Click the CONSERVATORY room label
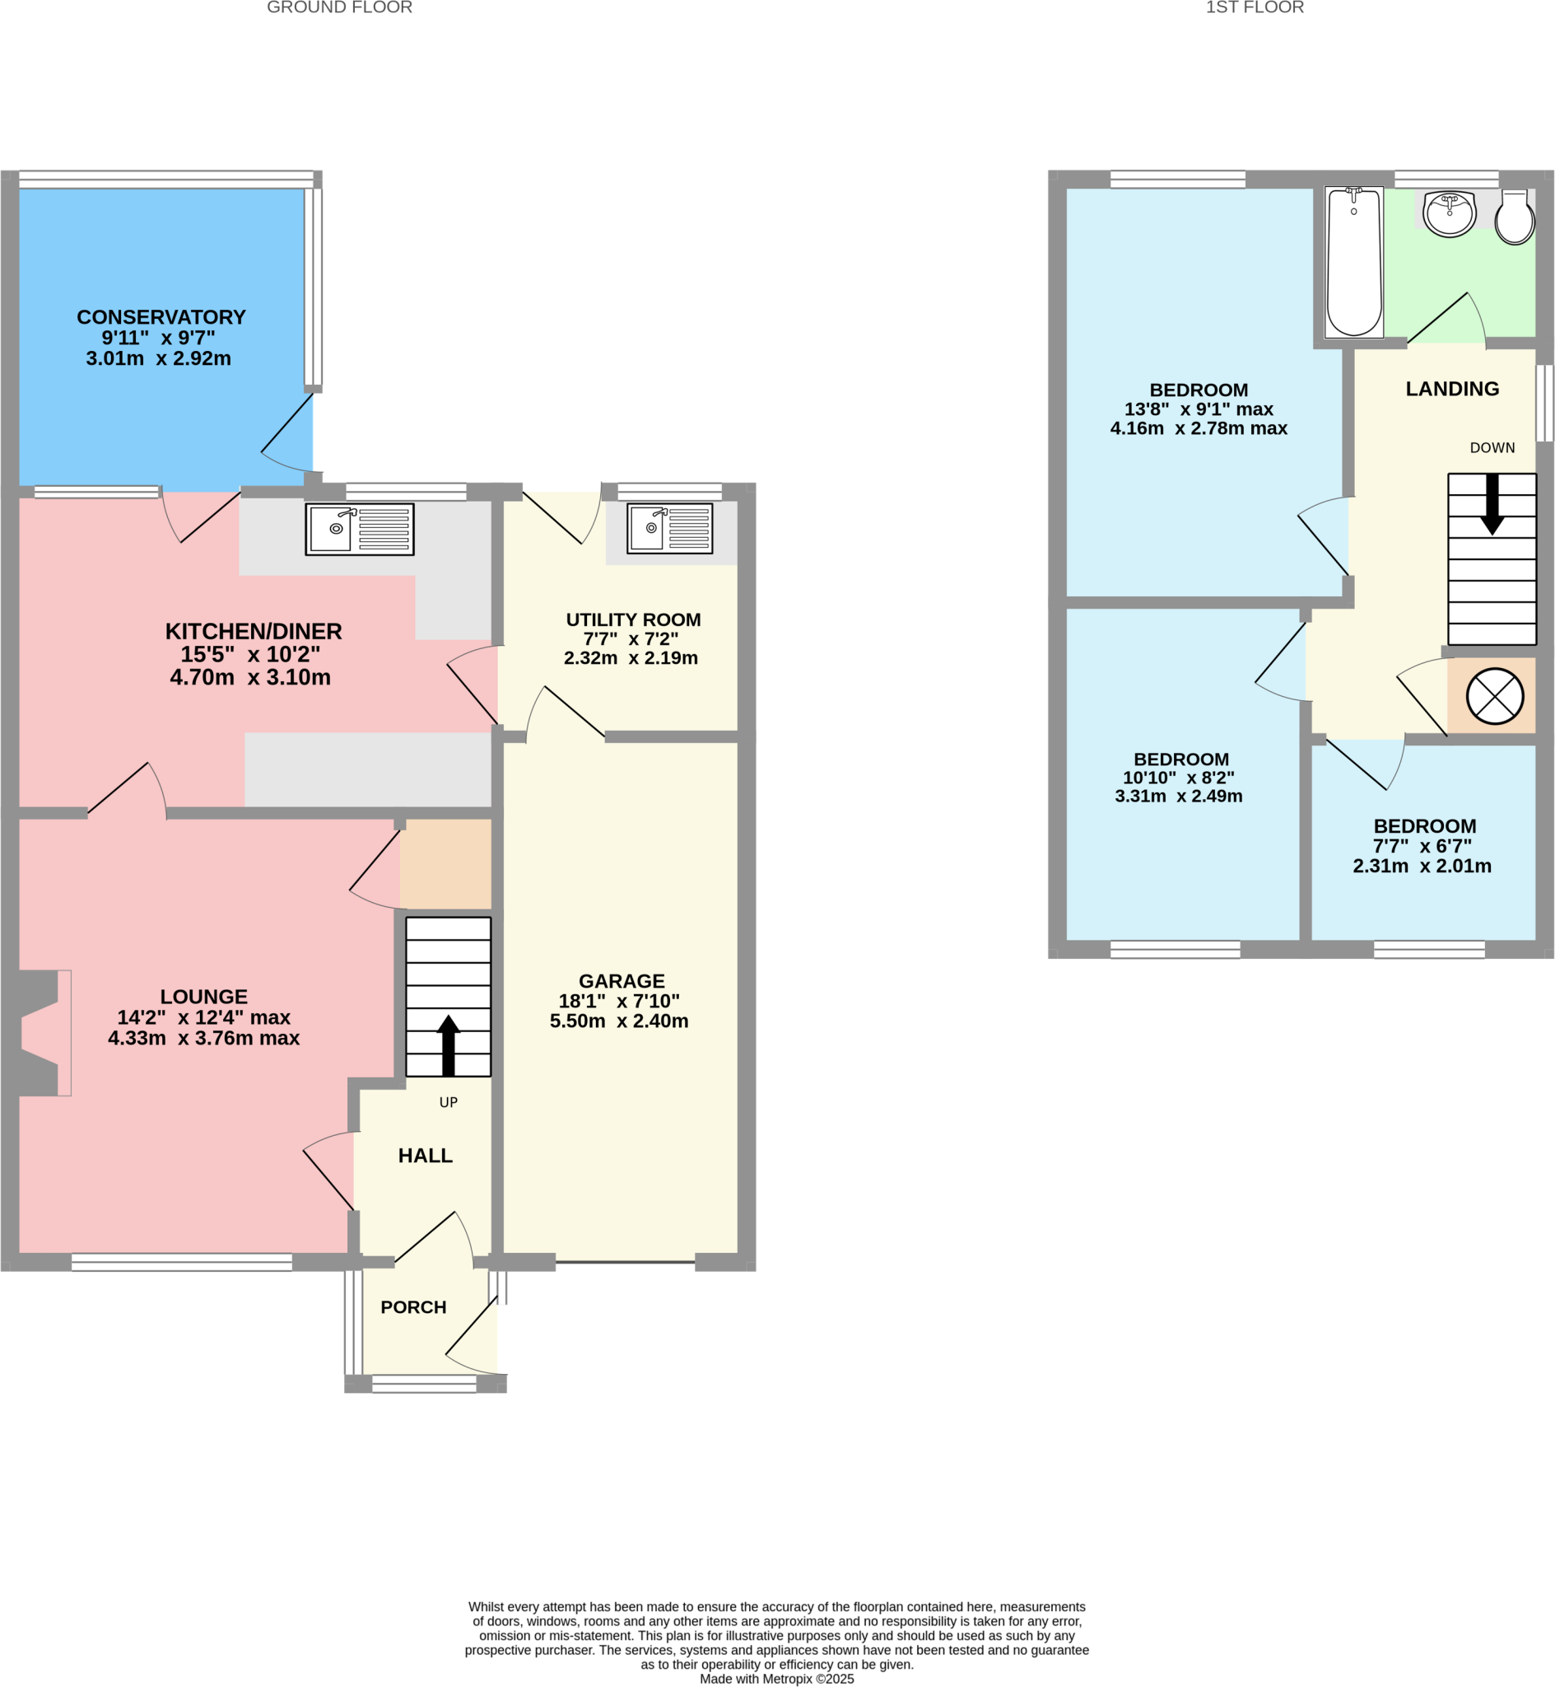click(161, 317)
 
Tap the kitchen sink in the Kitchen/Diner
click(359, 530)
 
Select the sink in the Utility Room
click(670, 529)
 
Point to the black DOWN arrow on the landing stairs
click(1492, 504)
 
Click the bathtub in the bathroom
click(1354, 262)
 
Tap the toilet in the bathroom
click(1515, 218)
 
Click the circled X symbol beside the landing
click(1494, 696)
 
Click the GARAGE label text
click(621, 981)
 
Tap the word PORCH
click(413, 1307)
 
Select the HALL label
click(425, 1156)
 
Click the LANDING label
click(1452, 389)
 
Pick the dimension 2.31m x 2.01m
click(1421, 867)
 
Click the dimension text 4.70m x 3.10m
click(250, 678)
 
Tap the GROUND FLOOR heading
click(339, 7)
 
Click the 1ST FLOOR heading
click(1254, 7)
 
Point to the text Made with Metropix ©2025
click(775, 1679)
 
